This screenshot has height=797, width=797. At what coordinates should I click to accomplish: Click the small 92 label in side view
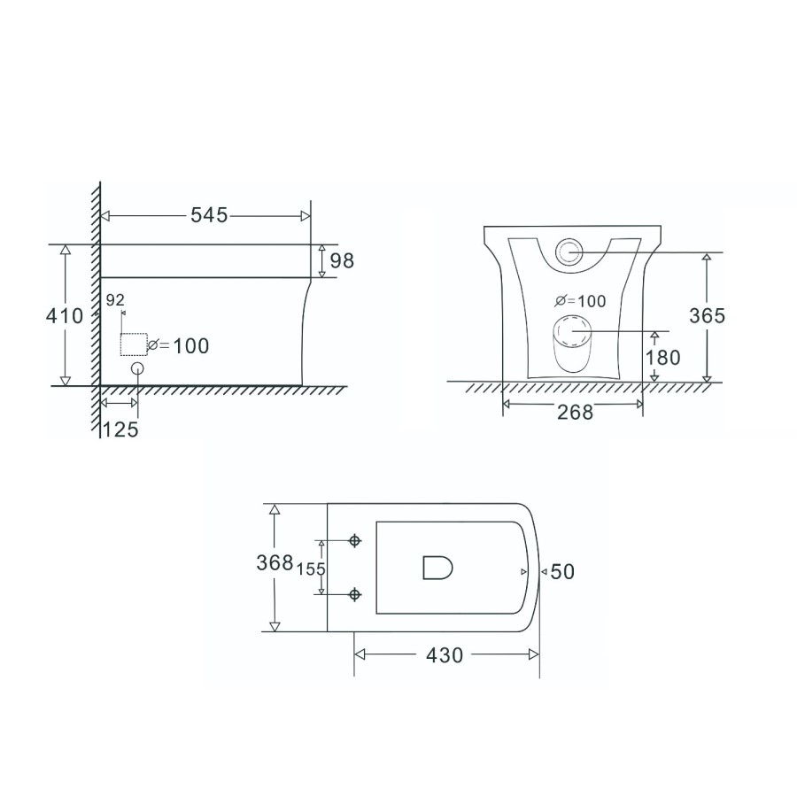click(x=115, y=300)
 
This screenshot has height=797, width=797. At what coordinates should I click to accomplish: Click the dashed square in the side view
click(x=133, y=344)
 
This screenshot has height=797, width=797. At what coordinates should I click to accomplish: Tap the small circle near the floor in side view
click(x=137, y=368)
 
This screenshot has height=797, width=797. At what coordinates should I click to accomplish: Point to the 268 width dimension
click(x=575, y=412)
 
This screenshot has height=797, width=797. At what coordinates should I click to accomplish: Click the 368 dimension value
click(x=275, y=563)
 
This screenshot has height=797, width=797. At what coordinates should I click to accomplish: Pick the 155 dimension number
click(x=312, y=569)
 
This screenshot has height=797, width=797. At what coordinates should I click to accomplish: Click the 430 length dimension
click(x=444, y=655)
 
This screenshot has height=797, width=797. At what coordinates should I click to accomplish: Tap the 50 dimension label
click(x=563, y=572)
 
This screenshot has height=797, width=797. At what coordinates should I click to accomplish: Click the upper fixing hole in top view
click(x=356, y=540)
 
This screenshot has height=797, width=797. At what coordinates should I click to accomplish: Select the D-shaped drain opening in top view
click(x=437, y=568)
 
